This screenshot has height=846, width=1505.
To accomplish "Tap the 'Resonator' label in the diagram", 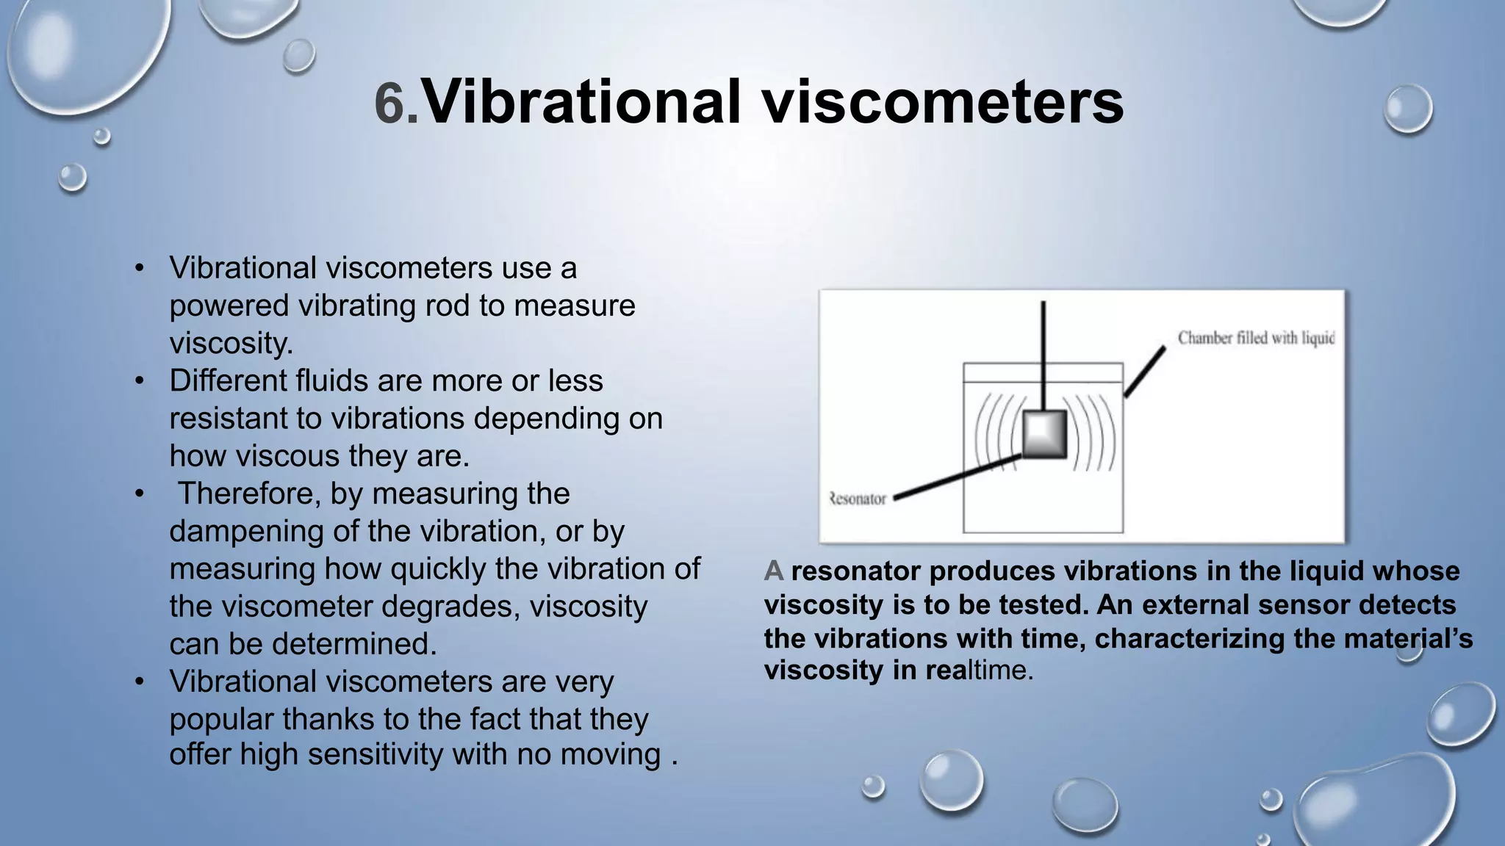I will [x=858, y=499].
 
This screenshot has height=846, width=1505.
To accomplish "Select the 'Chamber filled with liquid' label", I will [x=1256, y=338].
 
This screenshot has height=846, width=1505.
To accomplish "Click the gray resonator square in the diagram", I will [x=1044, y=435].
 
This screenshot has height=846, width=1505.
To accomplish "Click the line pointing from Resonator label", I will [x=955, y=477].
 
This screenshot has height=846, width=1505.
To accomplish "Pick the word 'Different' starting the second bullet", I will [x=227, y=380].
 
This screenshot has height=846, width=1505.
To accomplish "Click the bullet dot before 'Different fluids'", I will [x=140, y=381].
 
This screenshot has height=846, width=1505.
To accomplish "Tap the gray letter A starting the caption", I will [x=773, y=571].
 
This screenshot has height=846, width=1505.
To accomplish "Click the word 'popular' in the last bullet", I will [x=221, y=719].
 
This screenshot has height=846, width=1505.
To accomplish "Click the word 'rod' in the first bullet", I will [x=454, y=305].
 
